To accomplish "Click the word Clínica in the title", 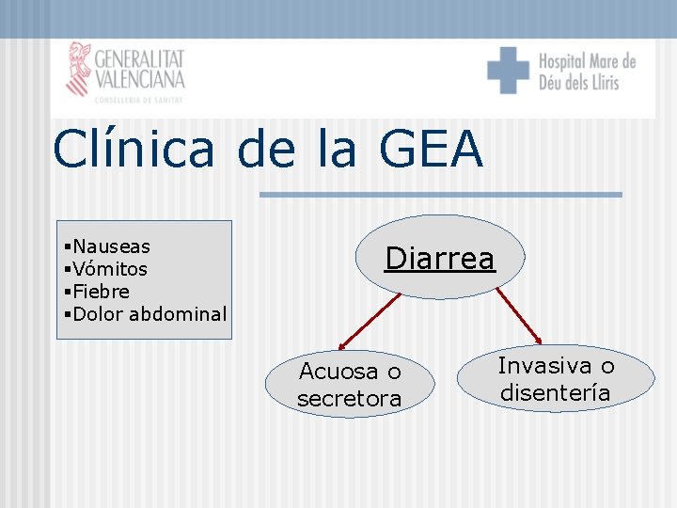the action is point(134,150).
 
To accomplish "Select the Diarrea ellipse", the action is point(440,257).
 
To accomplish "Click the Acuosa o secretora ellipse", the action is point(349,385).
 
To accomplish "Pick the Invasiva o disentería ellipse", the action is point(556,378).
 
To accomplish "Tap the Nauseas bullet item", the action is point(111,246).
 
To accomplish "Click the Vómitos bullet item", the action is point(109,269).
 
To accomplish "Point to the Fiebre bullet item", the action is point(101,292).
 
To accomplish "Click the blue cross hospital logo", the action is point(509,71).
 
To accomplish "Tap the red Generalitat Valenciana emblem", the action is point(78,68).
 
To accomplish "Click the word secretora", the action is point(349,399).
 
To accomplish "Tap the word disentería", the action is point(555,392).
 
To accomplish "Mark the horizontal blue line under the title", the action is point(440,195).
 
